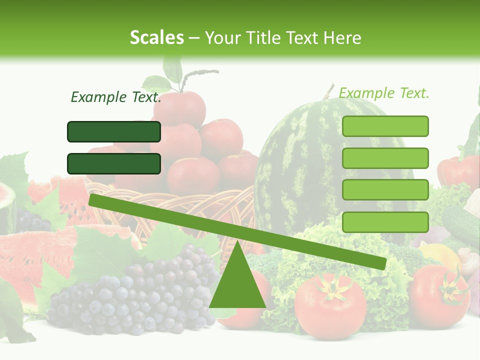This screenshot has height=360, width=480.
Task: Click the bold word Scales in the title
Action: (157, 37)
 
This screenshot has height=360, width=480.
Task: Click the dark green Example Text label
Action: (116, 97)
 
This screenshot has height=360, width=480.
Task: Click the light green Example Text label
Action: (384, 93)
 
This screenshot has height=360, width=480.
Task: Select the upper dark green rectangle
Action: (114, 131)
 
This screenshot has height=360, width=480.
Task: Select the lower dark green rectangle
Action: (114, 163)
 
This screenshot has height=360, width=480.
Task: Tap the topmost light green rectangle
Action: (385, 126)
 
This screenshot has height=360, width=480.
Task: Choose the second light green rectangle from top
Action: (385, 158)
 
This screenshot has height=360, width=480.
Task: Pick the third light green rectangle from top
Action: (385, 190)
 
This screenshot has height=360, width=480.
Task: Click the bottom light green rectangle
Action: (385, 222)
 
